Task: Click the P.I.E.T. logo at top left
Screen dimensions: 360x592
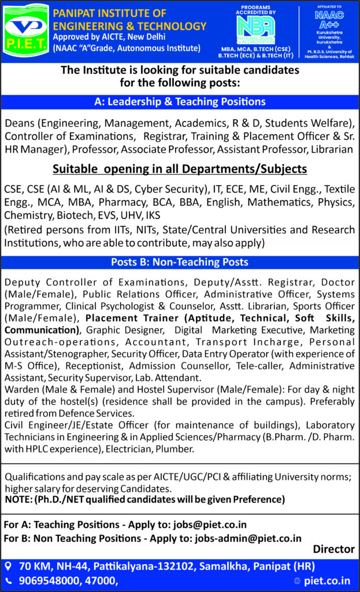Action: coord(25,30)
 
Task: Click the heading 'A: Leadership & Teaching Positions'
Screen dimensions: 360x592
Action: coord(180,102)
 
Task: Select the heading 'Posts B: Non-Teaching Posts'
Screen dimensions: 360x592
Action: coord(180,262)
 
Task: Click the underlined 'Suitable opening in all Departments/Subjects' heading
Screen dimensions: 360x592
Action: coord(180,170)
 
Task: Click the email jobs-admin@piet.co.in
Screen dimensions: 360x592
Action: coord(248,538)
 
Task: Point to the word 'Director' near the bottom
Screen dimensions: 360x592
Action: coord(333,549)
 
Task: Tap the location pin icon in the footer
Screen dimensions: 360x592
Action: coord(8,565)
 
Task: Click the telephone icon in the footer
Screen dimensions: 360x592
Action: coord(8,580)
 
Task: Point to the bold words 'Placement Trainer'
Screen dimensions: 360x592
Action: coord(125,319)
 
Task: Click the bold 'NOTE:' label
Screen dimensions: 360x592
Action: coord(18,499)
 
